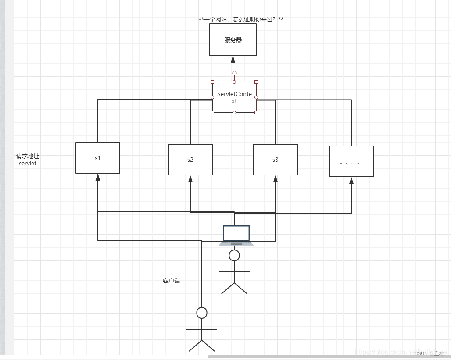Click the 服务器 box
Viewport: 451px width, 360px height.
click(x=233, y=40)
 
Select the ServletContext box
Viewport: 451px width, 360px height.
click(x=234, y=97)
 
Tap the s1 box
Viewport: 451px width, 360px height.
click(x=98, y=158)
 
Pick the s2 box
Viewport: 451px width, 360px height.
click(x=190, y=160)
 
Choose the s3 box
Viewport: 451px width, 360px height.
click(x=275, y=160)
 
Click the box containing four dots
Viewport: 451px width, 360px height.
click(x=351, y=161)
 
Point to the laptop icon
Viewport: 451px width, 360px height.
click(x=236, y=235)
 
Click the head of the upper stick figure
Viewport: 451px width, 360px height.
click(x=235, y=255)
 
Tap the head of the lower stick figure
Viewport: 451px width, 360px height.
click(x=202, y=313)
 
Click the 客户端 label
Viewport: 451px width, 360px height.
click(x=171, y=281)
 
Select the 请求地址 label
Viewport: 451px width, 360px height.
click(x=28, y=156)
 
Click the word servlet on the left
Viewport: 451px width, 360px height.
click(x=28, y=164)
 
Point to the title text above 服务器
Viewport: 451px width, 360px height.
click(x=241, y=19)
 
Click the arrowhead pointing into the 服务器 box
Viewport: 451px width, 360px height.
click(x=233, y=60)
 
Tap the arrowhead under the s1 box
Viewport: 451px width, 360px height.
click(x=98, y=177)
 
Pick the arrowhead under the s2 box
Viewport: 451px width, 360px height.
click(x=190, y=179)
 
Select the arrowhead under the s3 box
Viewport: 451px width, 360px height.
click(x=276, y=179)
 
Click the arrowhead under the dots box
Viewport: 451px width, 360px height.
click(x=351, y=181)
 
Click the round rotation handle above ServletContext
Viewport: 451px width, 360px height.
click(x=234, y=73)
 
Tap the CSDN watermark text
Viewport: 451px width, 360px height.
click(x=430, y=353)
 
